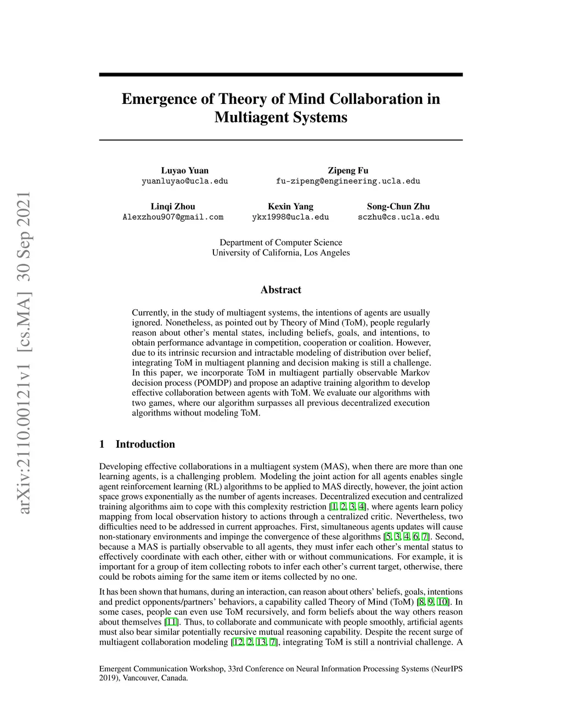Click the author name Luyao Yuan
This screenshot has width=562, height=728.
click(184, 170)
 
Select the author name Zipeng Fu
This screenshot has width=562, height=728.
click(348, 170)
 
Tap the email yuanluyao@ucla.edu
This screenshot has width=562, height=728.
click(184, 181)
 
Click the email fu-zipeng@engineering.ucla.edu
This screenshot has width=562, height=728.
click(348, 181)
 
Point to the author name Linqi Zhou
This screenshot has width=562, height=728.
click(173, 207)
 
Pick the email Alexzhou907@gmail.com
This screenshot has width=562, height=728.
click(173, 217)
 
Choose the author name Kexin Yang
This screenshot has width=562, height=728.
click(290, 207)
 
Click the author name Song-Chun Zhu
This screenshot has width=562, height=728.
click(398, 207)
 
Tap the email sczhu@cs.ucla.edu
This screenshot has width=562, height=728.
click(398, 217)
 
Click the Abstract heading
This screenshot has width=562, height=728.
click(280, 290)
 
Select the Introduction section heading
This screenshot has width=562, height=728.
click(145, 444)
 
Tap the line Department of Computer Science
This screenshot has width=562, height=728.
click(280, 242)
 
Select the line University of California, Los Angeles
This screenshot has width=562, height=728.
click(280, 253)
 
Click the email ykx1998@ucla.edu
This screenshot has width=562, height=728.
click(290, 217)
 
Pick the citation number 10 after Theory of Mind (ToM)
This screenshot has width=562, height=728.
click(442, 602)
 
